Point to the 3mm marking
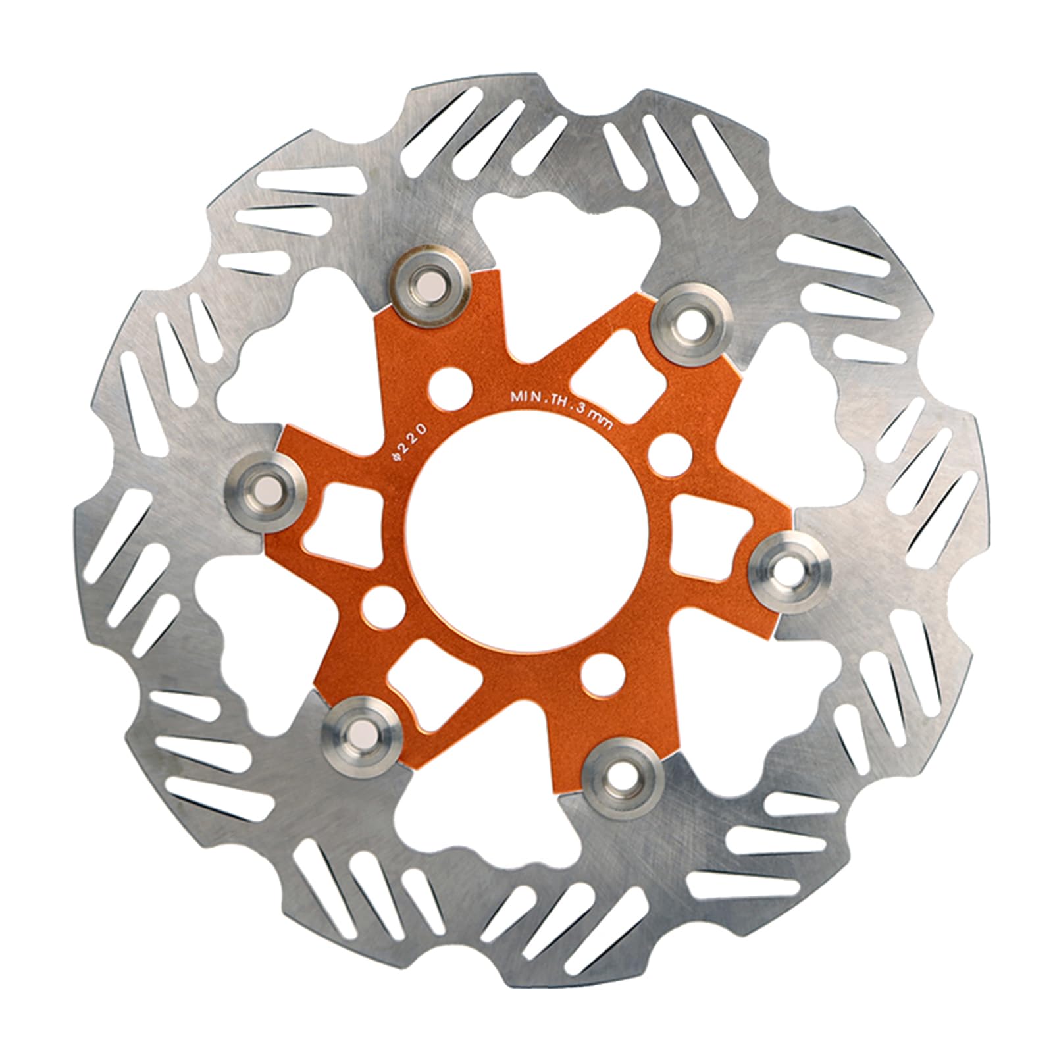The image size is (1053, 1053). [x=596, y=422]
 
